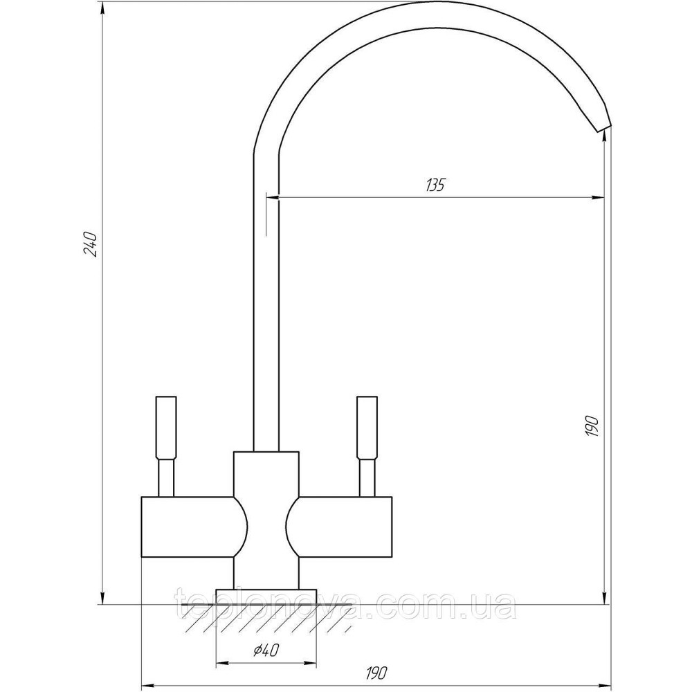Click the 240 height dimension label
[91, 244]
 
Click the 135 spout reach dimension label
[435, 185]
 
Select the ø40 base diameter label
[266, 650]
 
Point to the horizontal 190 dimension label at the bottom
[376, 673]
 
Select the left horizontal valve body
[194, 527]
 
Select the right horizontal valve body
[339, 527]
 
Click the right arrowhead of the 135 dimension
[599, 197]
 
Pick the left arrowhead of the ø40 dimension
[221, 663]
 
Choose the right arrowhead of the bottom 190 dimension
[604, 686]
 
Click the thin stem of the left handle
[166, 478]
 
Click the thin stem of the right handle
[367, 478]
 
